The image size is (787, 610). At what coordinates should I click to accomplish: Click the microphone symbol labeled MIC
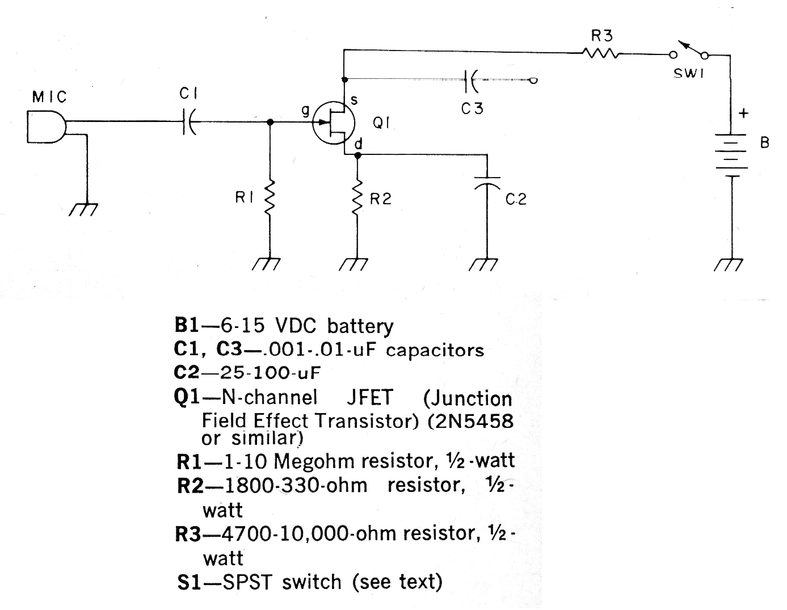click(x=46, y=127)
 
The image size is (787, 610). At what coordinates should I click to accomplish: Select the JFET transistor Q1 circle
click(x=334, y=123)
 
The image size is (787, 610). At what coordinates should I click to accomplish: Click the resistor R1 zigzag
click(x=270, y=199)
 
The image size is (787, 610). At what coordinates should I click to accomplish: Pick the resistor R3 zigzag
click(x=600, y=54)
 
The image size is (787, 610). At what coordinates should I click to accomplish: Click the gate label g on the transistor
click(x=305, y=110)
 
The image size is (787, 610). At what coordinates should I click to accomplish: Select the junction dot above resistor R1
click(x=270, y=122)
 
